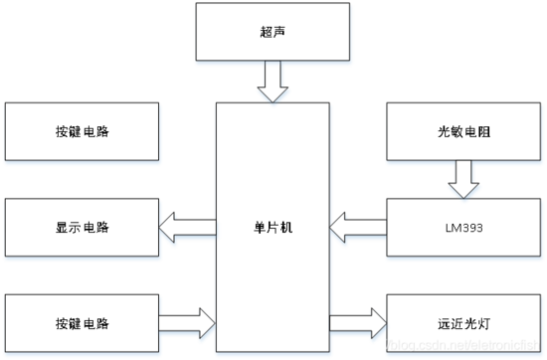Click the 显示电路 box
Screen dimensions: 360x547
click(83, 228)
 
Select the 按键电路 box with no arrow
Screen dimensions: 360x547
click(83, 131)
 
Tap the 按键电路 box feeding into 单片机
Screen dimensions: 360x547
click(83, 324)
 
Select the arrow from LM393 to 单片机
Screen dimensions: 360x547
click(358, 229)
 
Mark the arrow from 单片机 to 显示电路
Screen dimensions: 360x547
click(189, 229)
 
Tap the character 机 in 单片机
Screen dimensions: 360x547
click(285, 228)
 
